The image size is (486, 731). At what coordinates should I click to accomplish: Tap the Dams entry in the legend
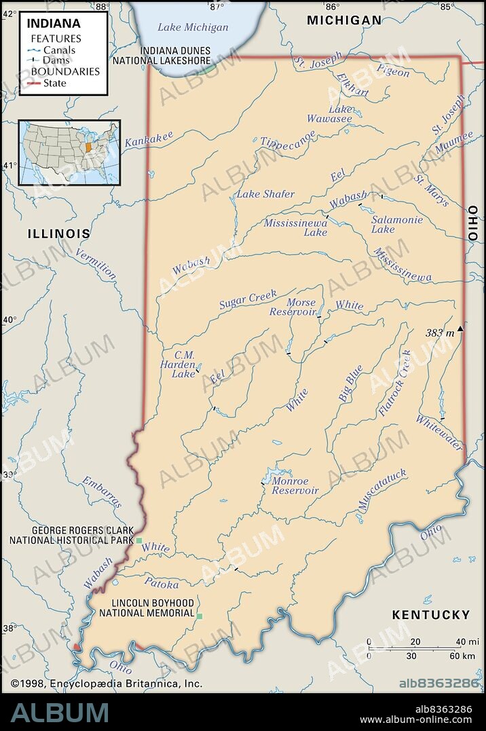pos(58,60)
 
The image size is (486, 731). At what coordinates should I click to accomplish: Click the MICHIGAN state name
pos(344,20)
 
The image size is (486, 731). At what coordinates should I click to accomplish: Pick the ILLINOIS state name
pos(58,233)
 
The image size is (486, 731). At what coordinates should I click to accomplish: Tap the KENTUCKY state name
pos(430,615)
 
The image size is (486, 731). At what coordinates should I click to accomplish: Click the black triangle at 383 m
pos(461,329)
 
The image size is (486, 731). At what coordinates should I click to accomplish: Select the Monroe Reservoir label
pos(295,486)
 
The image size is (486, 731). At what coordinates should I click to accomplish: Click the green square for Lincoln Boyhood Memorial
pos(200,616)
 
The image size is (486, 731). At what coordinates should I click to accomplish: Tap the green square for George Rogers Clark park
pos(139,540)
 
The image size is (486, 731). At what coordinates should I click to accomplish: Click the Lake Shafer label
pos(265,194)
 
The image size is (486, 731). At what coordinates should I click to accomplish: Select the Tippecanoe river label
pos(288,137)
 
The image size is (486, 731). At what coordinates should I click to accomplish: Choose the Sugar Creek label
pos(248,299)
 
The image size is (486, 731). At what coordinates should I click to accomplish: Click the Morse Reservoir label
pos(293,307)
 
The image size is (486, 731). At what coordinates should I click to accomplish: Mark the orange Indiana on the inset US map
pos(88,147)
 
